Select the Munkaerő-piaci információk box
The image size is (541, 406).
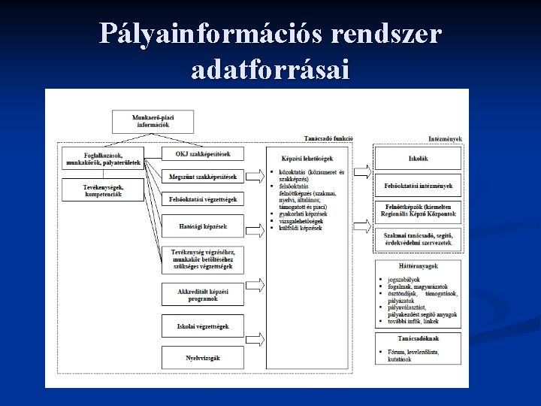click(150, 120)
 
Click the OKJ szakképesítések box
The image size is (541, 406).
click(203, 154)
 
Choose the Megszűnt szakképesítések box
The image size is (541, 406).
click(203, 177)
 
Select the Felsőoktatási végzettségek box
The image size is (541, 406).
click(203, 200)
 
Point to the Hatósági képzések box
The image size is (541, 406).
click(203, 226)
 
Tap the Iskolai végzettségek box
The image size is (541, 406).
click(203, 326)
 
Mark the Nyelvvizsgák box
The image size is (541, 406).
click(203, 358)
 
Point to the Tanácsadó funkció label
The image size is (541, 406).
click(329, 138)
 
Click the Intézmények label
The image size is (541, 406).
click(445, 138)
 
